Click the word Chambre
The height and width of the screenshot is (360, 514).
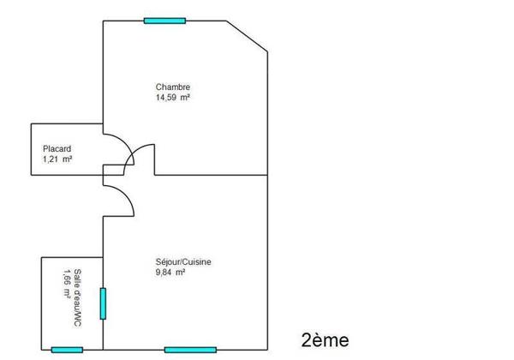173,87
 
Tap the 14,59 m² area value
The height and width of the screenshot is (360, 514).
173,98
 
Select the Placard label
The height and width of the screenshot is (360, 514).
57,149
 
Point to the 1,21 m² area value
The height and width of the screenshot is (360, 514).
57,159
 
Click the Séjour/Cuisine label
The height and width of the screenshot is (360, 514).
183,262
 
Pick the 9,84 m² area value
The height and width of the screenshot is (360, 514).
170,272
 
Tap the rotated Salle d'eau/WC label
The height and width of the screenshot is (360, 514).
78,297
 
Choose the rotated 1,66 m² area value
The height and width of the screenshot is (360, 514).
67,284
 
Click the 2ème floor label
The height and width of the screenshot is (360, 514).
325,340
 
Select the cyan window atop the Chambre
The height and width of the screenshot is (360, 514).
164,21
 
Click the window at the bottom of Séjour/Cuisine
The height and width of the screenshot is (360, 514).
190,350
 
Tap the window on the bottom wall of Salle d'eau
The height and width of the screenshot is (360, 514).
67,350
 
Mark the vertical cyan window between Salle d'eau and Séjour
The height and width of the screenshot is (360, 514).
103,303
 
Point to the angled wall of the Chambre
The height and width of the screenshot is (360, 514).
247,36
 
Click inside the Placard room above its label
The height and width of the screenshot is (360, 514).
67,135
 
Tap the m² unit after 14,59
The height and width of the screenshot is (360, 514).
185,98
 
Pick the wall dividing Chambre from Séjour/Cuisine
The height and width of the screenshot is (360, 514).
211,175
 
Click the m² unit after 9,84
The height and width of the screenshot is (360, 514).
180,272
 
